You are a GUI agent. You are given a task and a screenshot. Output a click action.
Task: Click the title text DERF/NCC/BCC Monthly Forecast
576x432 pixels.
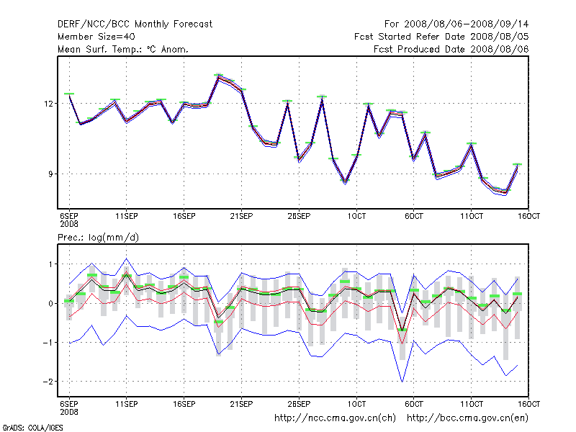pos(135,24)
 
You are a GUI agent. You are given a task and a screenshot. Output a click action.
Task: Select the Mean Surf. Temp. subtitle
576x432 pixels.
pos(123,49)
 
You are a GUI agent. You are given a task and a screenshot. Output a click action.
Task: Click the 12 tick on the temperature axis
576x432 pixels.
pos(49,104)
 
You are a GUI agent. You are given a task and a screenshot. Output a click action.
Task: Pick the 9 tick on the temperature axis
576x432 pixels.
pos(50,174)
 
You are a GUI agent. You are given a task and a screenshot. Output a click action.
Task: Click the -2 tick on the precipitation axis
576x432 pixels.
pos(48,381)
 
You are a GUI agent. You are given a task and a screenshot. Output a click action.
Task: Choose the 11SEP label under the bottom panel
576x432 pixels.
pos(127,403)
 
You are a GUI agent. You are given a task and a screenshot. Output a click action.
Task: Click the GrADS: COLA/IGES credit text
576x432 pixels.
pos(23,427)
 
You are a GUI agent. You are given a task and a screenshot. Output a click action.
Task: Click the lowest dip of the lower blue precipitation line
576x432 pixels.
pos(402,381)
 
